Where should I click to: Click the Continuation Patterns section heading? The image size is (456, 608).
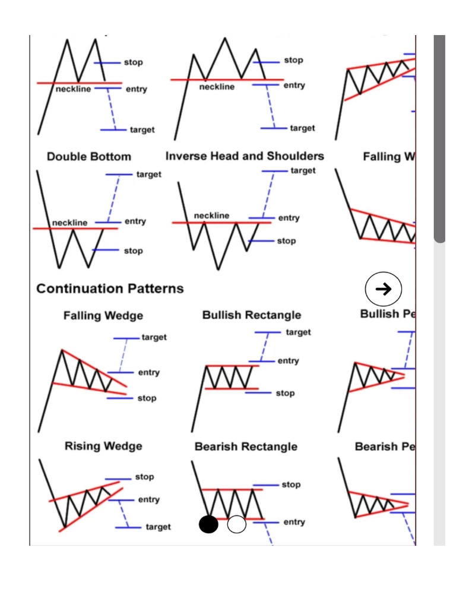pos(110,289)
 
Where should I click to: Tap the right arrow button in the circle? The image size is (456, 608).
pos(384,289)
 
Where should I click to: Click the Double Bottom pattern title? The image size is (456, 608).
pos(89,157)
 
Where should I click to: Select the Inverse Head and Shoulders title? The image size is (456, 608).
pos(245,156)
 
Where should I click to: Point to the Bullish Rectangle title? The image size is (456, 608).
pos(252,315)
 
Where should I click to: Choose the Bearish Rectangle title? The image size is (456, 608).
pos(246,446)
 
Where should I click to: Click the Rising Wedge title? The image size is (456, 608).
pos(103,446)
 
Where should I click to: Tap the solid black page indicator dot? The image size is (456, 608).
pos(208,524)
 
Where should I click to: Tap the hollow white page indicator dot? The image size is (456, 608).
pos(236,524)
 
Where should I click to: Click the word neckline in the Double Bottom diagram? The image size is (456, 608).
pos(69,223)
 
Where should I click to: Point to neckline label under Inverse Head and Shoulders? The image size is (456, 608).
pos(211,216)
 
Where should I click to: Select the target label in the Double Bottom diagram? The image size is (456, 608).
pos(148,175)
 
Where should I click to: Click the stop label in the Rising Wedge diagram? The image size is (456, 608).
pos(144,477)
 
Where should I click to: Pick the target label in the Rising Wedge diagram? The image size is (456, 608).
pos(158,527)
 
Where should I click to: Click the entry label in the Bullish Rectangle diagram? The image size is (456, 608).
pos(288,361)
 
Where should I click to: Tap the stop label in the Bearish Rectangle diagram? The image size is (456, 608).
pos(291,484)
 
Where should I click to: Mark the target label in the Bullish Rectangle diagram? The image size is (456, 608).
pos(298,332)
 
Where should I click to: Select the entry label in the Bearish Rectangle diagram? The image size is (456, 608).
pos(294,522)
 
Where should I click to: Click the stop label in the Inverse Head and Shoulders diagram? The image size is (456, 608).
pos(286,241)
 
